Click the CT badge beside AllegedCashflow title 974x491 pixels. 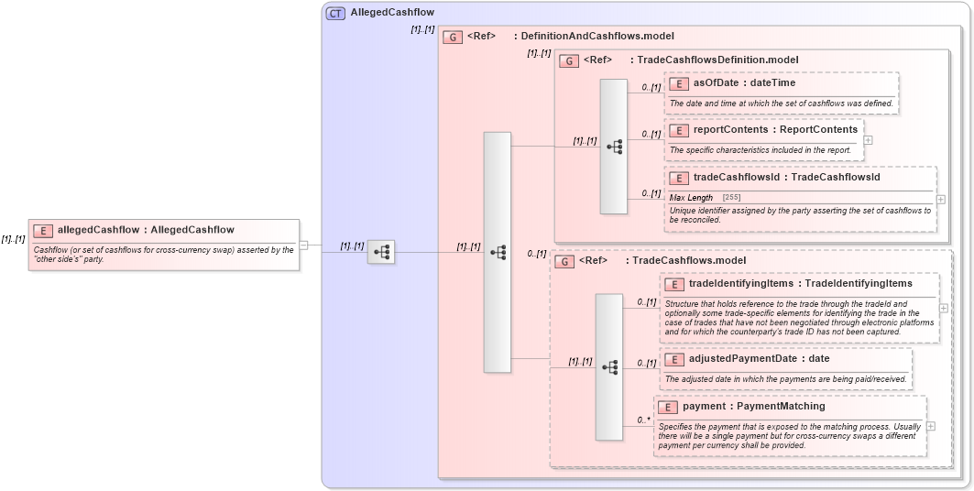(x=335, y=13)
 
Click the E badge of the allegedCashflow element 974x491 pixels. (x=42, y=230)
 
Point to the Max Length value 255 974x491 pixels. (x=731, y=198)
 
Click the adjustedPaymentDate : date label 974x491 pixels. (x=759, y=358)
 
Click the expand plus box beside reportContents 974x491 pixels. (x=868, y=140)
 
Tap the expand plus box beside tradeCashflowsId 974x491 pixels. (x=940, y=199)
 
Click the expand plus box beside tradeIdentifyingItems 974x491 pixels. (x=944, y=308)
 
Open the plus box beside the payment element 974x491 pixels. (x=931, y=426)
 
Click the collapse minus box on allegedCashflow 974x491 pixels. (x=303, y=245)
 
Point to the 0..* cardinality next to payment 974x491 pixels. (x=643, y=420)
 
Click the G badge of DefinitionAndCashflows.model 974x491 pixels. (x=452, y=37)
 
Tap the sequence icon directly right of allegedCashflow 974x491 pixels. (x=381, y=252)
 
